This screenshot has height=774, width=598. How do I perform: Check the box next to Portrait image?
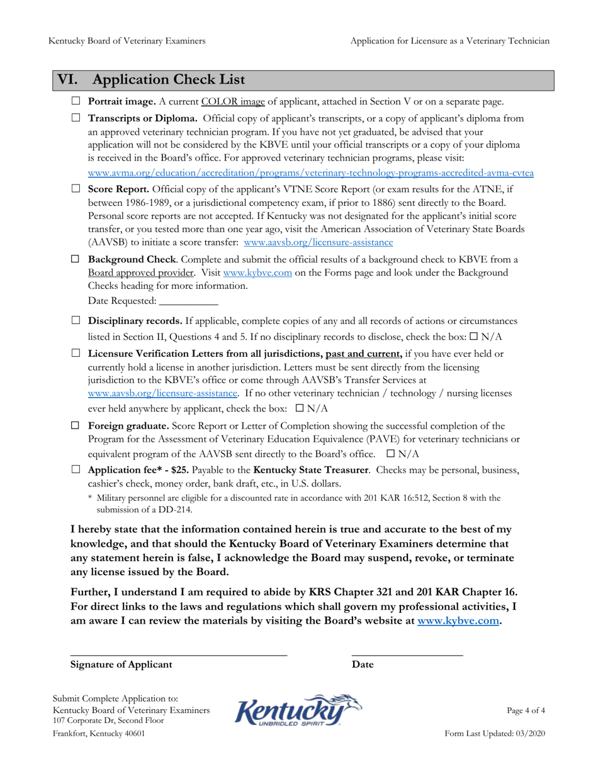(76, 102)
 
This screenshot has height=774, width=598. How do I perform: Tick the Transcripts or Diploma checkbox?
(76, 118)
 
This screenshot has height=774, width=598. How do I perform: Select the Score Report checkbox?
(76, 188)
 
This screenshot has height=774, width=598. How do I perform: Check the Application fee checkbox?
(76, 470)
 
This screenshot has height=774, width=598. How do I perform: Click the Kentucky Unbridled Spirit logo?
(298, 711)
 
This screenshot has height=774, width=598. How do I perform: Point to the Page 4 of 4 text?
(526, 710)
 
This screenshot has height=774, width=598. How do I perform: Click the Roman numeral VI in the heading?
(68, 81)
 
